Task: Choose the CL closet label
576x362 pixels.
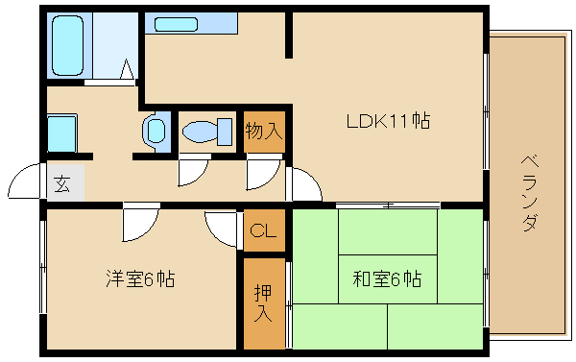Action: (x=263, y=230)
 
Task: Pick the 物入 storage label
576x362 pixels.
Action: (x=263, y=130)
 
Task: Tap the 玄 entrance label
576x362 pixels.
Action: (x=61, y=183)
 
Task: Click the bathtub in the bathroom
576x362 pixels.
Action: (x=68, y=44)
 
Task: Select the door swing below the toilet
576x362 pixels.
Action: (x=192, y=169)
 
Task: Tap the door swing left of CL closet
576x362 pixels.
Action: (x=222, y=229)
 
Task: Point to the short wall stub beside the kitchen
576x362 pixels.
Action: (x=287, y=35)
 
